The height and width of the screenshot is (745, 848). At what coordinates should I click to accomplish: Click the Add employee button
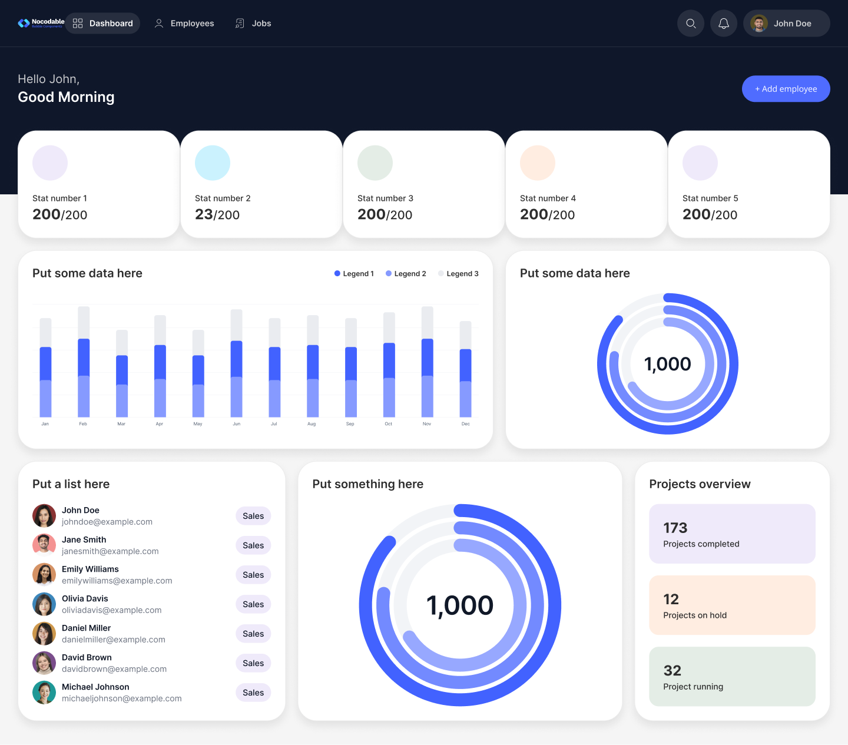(x=786, y=89)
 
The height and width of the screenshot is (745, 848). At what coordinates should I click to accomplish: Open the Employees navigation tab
(x=184, y=24)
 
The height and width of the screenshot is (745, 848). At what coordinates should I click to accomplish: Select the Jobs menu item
(x=253, y=24)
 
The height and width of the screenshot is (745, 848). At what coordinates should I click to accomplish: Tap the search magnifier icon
(x=691, y=24)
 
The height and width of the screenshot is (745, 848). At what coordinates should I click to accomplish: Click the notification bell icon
(x=724, y=24)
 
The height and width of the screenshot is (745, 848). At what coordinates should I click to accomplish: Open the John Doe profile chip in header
(x=786, y=24)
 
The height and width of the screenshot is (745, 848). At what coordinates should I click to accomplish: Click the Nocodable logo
(x=41, y=23)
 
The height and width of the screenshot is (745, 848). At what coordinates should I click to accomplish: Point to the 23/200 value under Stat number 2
(x=217, y=214)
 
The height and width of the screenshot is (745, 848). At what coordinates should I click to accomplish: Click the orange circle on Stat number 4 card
(x=537, y=163)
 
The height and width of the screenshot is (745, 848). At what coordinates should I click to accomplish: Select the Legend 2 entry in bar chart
(x=406, y=274)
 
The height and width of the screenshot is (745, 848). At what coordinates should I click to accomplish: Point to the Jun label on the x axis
(x=236, y=424)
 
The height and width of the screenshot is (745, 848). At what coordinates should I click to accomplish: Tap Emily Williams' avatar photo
(x=44, y=575)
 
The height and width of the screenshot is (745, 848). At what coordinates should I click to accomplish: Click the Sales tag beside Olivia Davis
(x=253, y=604)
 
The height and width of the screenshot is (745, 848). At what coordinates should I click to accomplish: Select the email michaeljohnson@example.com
(x=122, y=698)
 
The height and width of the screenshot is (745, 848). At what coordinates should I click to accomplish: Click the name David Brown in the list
(x=87, y=657)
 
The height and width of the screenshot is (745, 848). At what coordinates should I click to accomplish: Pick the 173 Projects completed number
(x=675, y=528)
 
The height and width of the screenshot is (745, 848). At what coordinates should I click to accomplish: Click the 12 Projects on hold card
(x=732, y=605)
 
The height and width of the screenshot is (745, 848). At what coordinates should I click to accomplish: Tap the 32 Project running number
(x=672, y=670)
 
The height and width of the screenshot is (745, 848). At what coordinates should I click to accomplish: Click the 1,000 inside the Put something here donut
(x=460, y=605)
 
